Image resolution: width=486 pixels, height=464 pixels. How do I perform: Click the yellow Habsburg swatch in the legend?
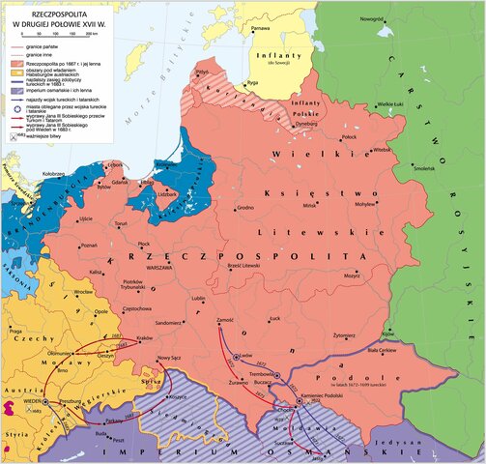[x=15, y=77]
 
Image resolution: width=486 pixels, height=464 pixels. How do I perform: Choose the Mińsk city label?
[x=309, y=205]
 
